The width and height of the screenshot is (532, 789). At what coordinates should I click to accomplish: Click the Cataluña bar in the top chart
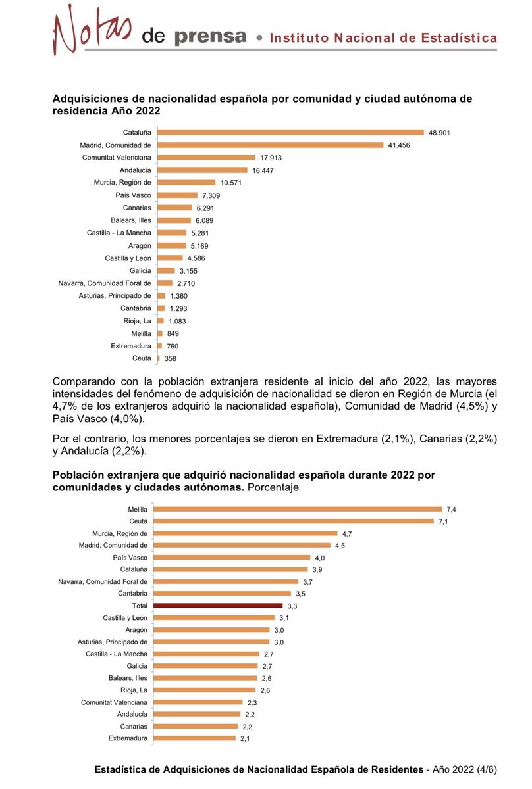(290, 132)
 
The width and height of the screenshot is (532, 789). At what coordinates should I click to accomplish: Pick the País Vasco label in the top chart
(133, 195)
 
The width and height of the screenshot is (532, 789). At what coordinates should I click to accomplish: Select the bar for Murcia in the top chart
(186, 182)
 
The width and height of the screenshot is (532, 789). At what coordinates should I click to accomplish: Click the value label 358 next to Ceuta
(171, 358)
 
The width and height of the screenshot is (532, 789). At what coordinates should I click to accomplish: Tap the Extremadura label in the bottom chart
(128, 738)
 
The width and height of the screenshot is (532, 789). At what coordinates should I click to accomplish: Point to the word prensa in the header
(210, 36)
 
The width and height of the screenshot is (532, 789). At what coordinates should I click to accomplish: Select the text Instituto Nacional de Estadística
(383, 38)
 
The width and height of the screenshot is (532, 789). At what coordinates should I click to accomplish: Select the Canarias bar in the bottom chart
(196, 727)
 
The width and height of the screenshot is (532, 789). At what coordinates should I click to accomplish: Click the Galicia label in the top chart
(140, 270)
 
